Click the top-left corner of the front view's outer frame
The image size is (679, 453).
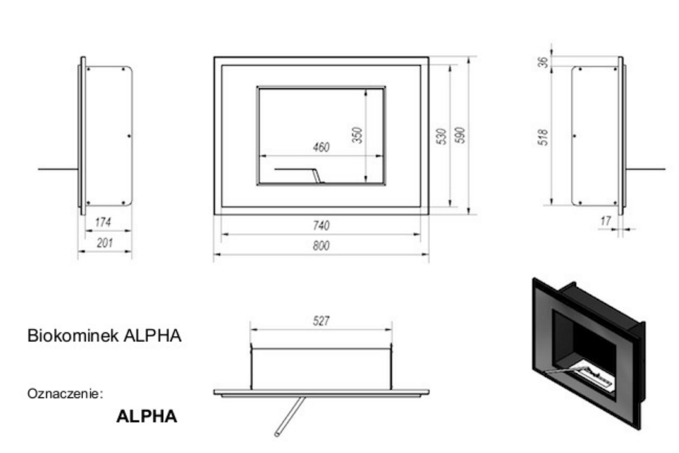point(214,57)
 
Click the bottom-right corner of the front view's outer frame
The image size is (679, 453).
point(428,214)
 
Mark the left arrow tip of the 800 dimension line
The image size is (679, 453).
point(214,254)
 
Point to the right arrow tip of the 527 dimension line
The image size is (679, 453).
point(391,330)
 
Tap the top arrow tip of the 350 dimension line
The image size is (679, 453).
point(366,90)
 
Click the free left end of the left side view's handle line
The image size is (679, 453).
point(38,169)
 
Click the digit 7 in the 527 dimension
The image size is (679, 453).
point(327,321)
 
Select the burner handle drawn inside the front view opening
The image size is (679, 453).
point(299,175)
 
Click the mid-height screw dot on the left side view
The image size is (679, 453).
point(129,136)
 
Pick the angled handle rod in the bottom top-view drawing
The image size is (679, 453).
point(291,415)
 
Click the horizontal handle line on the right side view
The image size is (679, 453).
point(645,169)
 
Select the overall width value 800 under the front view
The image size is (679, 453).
point(321,246)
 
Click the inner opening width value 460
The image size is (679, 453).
point(321,147)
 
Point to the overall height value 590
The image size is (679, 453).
point(460,135)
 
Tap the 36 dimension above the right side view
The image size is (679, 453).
point(543,62)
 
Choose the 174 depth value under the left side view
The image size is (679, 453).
point(103,222)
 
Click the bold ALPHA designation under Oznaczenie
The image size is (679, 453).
point(147,416)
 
